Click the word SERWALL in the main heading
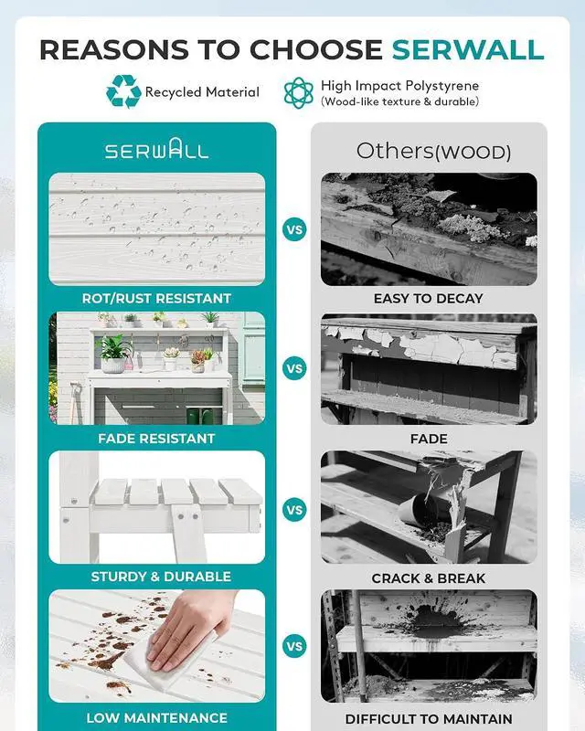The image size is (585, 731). click(x=468, y=49)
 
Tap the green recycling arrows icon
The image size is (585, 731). click(x=123, y=91)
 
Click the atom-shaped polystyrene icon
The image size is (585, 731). click(x=299, y=93)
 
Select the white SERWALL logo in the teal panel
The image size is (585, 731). click(x=156, y=149)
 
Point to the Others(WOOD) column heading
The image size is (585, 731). click(x=433, y=151)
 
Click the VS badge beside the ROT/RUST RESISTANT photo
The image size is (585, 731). click(x=294, y=229)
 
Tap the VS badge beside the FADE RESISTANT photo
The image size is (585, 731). click(x=294, y=368)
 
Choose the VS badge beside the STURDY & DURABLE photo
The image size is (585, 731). click(x=294, y=510)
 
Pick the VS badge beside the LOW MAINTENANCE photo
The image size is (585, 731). click(x=294, y=647)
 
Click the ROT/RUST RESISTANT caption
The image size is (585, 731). click(x=156, y=299)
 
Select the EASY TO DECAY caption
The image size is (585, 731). click(x=429, y=299)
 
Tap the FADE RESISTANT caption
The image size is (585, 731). click(x=156, y=439)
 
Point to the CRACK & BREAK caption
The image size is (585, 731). click(x=429, y=578)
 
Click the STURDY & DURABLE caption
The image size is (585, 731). click(x=161, y=577)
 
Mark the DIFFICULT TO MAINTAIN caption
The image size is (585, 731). click(x=429, y=719)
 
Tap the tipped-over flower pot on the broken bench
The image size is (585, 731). click(x=417, y=511)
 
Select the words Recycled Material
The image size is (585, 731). click(x=202, y=92)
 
